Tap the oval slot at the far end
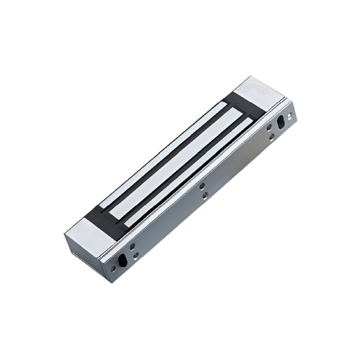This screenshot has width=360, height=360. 281,130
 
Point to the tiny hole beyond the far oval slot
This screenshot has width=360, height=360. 291,114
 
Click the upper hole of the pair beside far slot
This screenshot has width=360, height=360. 269,127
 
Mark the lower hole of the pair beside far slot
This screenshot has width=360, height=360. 270,138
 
